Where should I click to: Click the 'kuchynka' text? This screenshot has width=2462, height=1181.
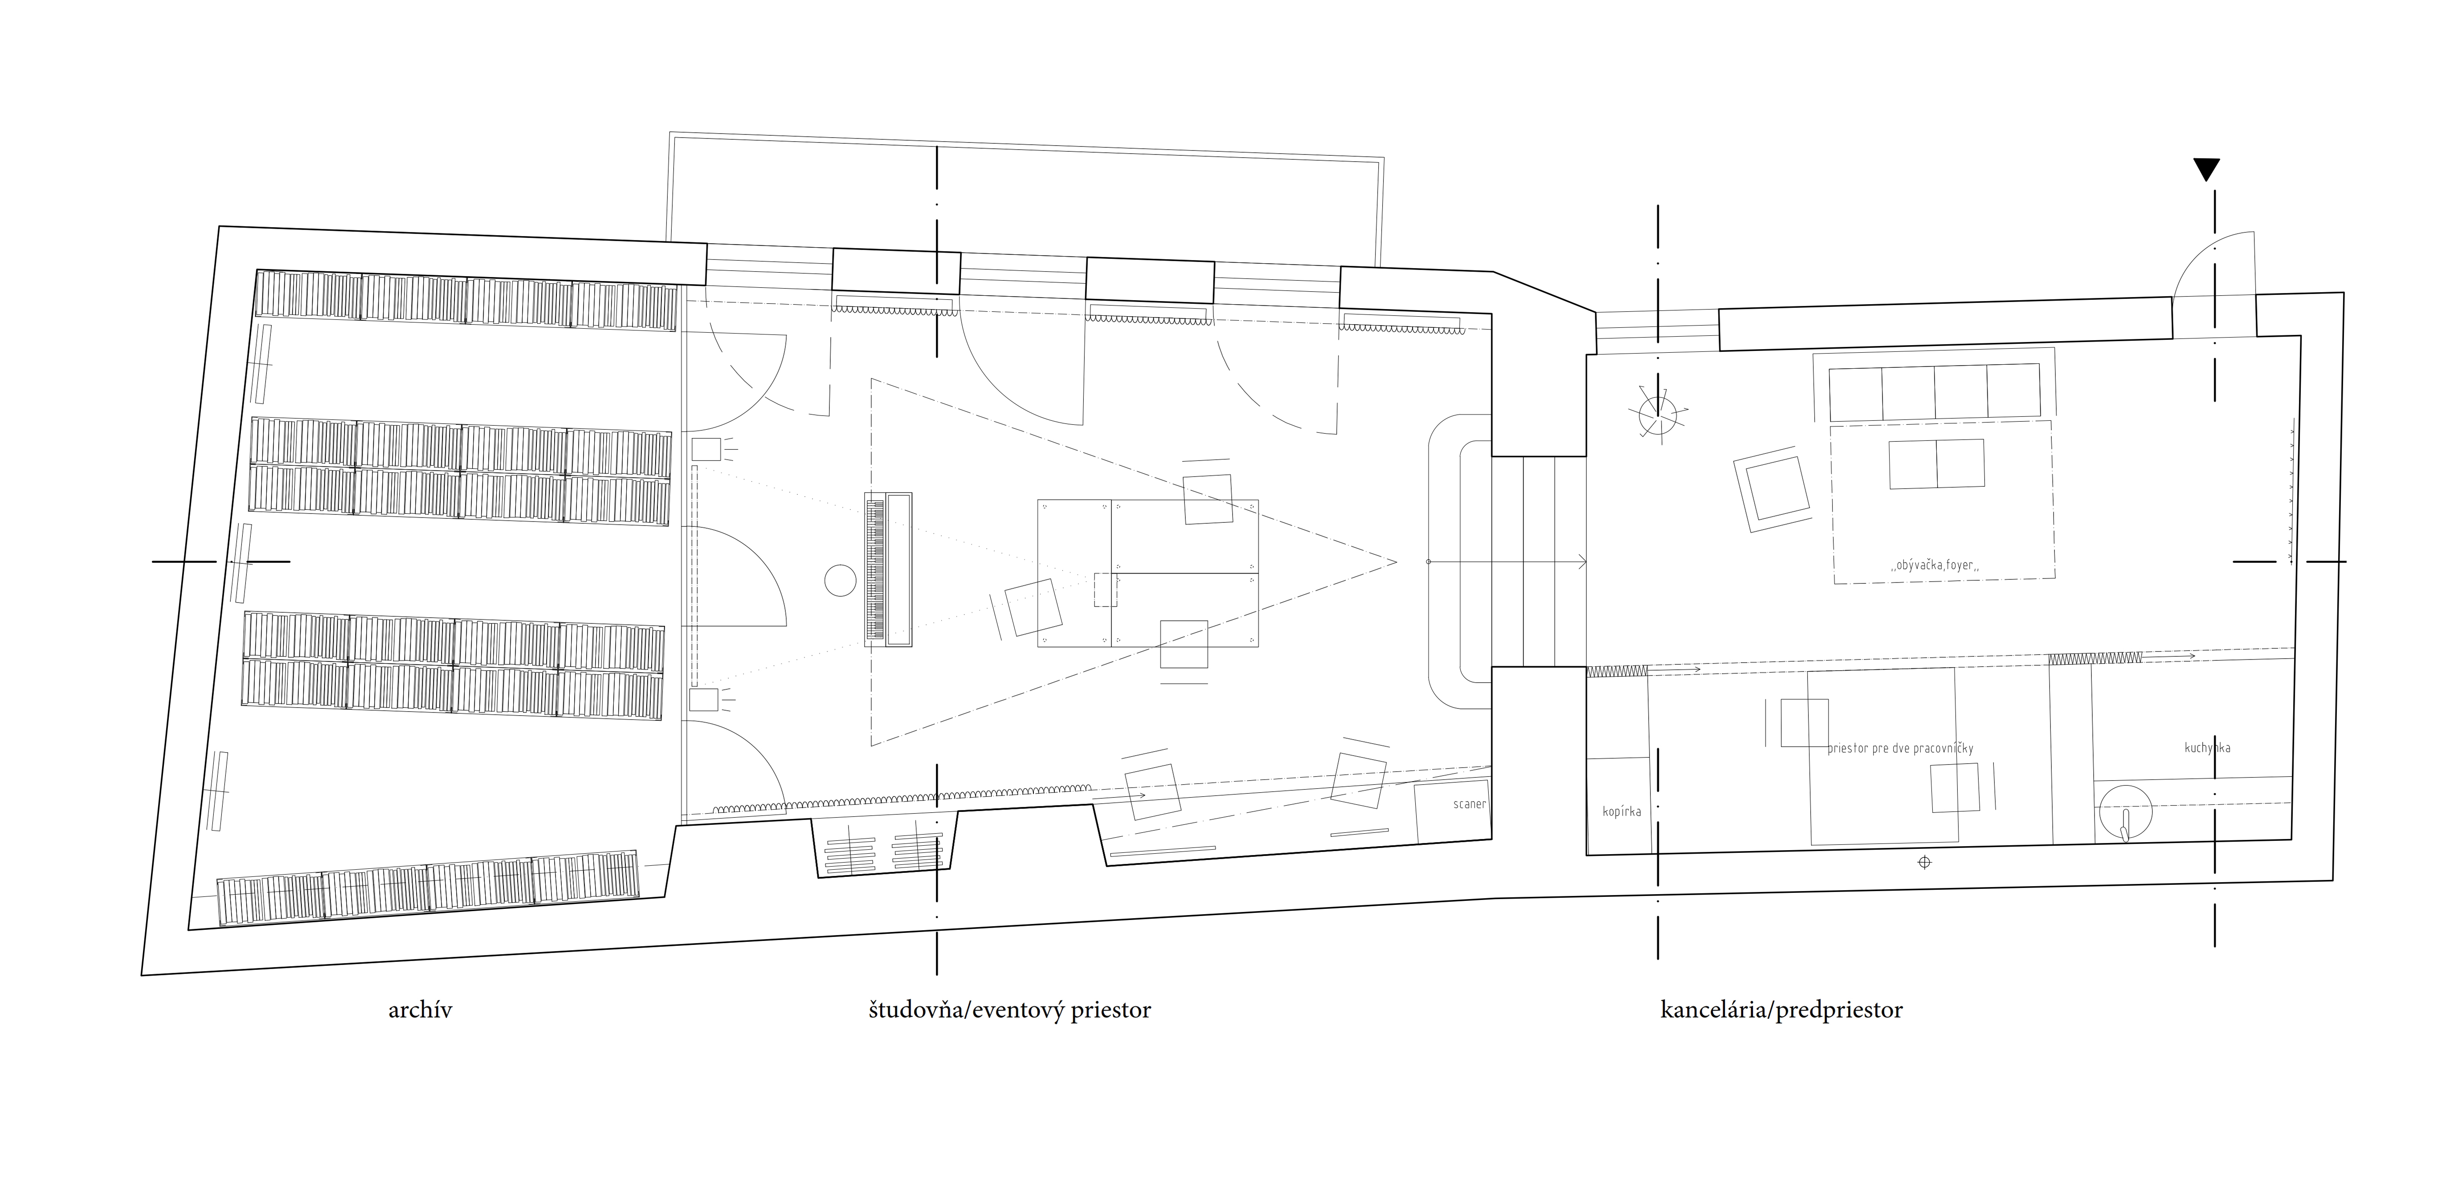[2208, 747]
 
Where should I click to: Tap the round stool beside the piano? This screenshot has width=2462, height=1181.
[841, 580]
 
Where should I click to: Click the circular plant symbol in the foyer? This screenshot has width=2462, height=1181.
[1658, 414]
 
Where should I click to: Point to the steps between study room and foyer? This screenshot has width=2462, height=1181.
[1538, 561]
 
